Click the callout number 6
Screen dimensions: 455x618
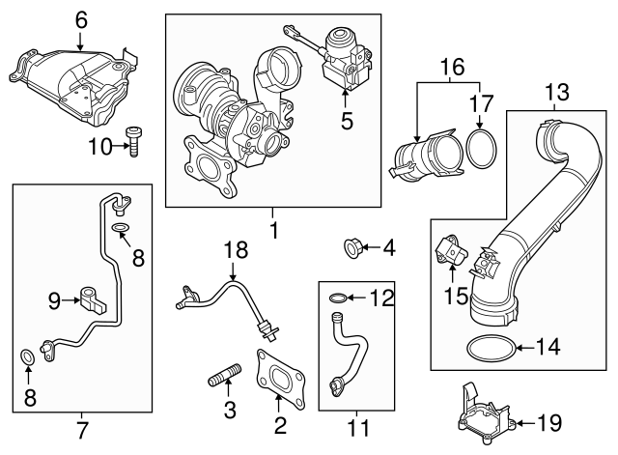[x=80, y=17]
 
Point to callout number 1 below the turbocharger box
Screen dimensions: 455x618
[x=273, y=231]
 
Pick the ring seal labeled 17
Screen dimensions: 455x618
[x=480, y=149]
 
